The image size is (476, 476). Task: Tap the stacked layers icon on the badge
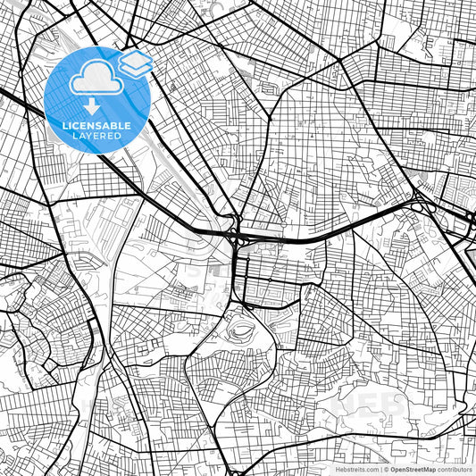135,63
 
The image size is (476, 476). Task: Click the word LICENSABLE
96,126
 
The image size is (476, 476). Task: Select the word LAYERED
96,136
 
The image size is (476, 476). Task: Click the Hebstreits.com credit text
357,469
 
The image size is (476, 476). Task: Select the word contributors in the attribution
455,469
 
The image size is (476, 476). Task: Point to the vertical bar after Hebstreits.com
381,469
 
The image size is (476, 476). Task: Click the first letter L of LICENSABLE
64,126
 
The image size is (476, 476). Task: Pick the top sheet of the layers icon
135,58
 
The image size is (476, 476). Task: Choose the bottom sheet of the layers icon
135,70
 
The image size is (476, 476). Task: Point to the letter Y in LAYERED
88,136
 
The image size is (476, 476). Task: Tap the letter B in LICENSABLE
113,126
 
